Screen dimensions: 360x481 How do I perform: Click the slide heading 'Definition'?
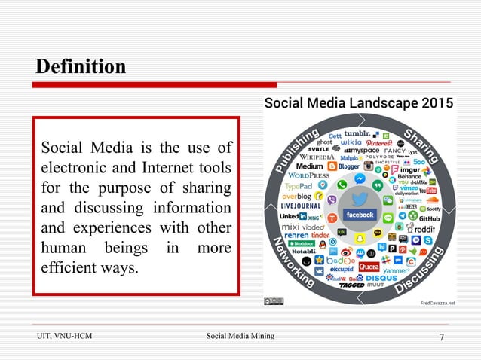[x=81, y=67]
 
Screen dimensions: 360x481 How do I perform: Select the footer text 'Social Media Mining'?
[x=240, y=336]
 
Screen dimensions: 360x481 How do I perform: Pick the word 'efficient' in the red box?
[x=70, y=266]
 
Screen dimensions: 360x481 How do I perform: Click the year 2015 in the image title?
[x=433, y=102]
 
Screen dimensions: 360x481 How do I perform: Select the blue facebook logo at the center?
[x=360, y=215]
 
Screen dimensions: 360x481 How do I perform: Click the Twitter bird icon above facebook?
[x=360, y=198]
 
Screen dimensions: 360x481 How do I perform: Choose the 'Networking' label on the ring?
[x=293, y=264]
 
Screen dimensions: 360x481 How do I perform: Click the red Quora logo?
[x=369, y=266]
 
